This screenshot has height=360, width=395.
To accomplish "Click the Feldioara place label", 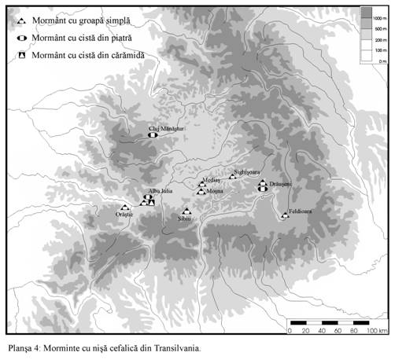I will [299, 211].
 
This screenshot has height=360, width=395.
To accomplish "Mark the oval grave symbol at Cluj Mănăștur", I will [151, 135].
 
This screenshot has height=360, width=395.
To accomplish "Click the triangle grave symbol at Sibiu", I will [186, 211].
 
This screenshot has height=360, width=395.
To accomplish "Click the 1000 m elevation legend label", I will [378, 16].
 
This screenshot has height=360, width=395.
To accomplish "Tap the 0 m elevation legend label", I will [382, 60].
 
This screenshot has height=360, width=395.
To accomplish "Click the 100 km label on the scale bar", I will [377, 331].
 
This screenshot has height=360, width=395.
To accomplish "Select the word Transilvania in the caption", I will [176, 347].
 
